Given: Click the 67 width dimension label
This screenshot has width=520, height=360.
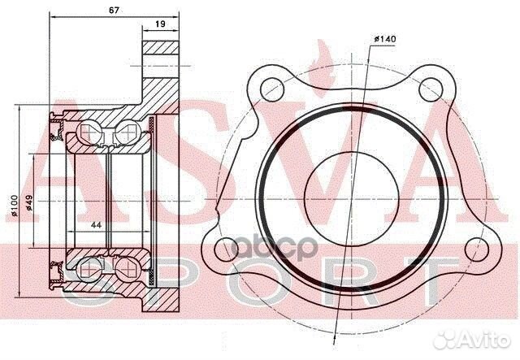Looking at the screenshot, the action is [x=114, y=11].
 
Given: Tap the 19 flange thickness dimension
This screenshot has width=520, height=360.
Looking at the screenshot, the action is [x=160, y=24].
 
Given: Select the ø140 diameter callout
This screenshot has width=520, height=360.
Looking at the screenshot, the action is [x=384, y=39].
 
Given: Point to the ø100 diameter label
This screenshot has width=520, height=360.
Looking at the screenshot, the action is [x=15, y=206].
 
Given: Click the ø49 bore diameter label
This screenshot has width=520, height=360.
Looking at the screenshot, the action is [x=29, y=202].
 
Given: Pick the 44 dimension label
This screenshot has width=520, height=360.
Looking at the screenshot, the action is [x=96, y=225].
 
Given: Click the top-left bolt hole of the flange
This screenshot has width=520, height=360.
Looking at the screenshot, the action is [x=273, y=89].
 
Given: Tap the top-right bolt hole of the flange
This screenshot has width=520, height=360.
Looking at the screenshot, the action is [x=431, y=89].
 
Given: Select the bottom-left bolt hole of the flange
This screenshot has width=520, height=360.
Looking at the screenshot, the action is [x=227, y=249].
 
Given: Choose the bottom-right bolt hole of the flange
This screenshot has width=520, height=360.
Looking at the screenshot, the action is [x=477, y=249].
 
